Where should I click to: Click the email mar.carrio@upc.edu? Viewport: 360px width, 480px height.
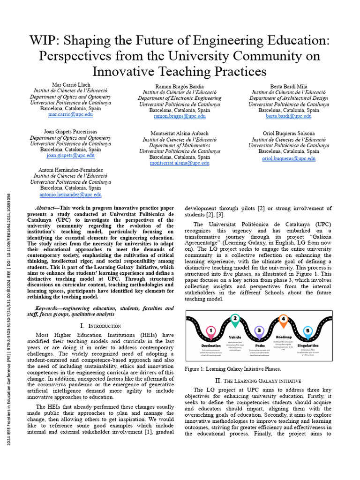pyautogui.click(x=70, y=114)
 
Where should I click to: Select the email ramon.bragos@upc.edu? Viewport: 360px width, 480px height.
pyautogui.click(x=180, y=116)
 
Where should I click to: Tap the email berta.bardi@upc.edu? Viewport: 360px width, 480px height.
pyautogui.click(x=288, y=116)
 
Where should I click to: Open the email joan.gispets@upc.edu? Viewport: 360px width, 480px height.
pyautogui.click(x=70, y=156)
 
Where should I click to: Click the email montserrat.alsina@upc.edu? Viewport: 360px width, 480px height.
pyautogui.click(x=180, y=163)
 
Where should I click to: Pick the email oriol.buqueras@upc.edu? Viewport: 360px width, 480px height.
pyautogui.click(x=288, y=158)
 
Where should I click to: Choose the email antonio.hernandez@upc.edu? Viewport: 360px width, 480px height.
pyautogui.click(x=70, y=195)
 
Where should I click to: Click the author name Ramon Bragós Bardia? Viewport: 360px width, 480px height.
pyautogui.click(x=180, y=86)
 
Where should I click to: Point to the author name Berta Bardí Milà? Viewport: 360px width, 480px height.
pyautogui.click(x=288, y=86)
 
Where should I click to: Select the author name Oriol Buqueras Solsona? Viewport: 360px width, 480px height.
pyautogui.click(x=288, y=134)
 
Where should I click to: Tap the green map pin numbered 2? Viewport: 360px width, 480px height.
pyautogui.click(x=235, y=320)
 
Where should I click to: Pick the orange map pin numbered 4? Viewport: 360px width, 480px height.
pyautogui.click(x=283, y=320)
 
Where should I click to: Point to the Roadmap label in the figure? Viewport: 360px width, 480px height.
pyautogui.click(x=284, y=337)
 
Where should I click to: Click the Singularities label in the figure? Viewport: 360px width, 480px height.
pyautogui.click(x=308, y=345)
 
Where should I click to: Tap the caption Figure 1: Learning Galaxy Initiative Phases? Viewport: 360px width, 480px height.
pyautogui.click(x=233, y=369)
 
